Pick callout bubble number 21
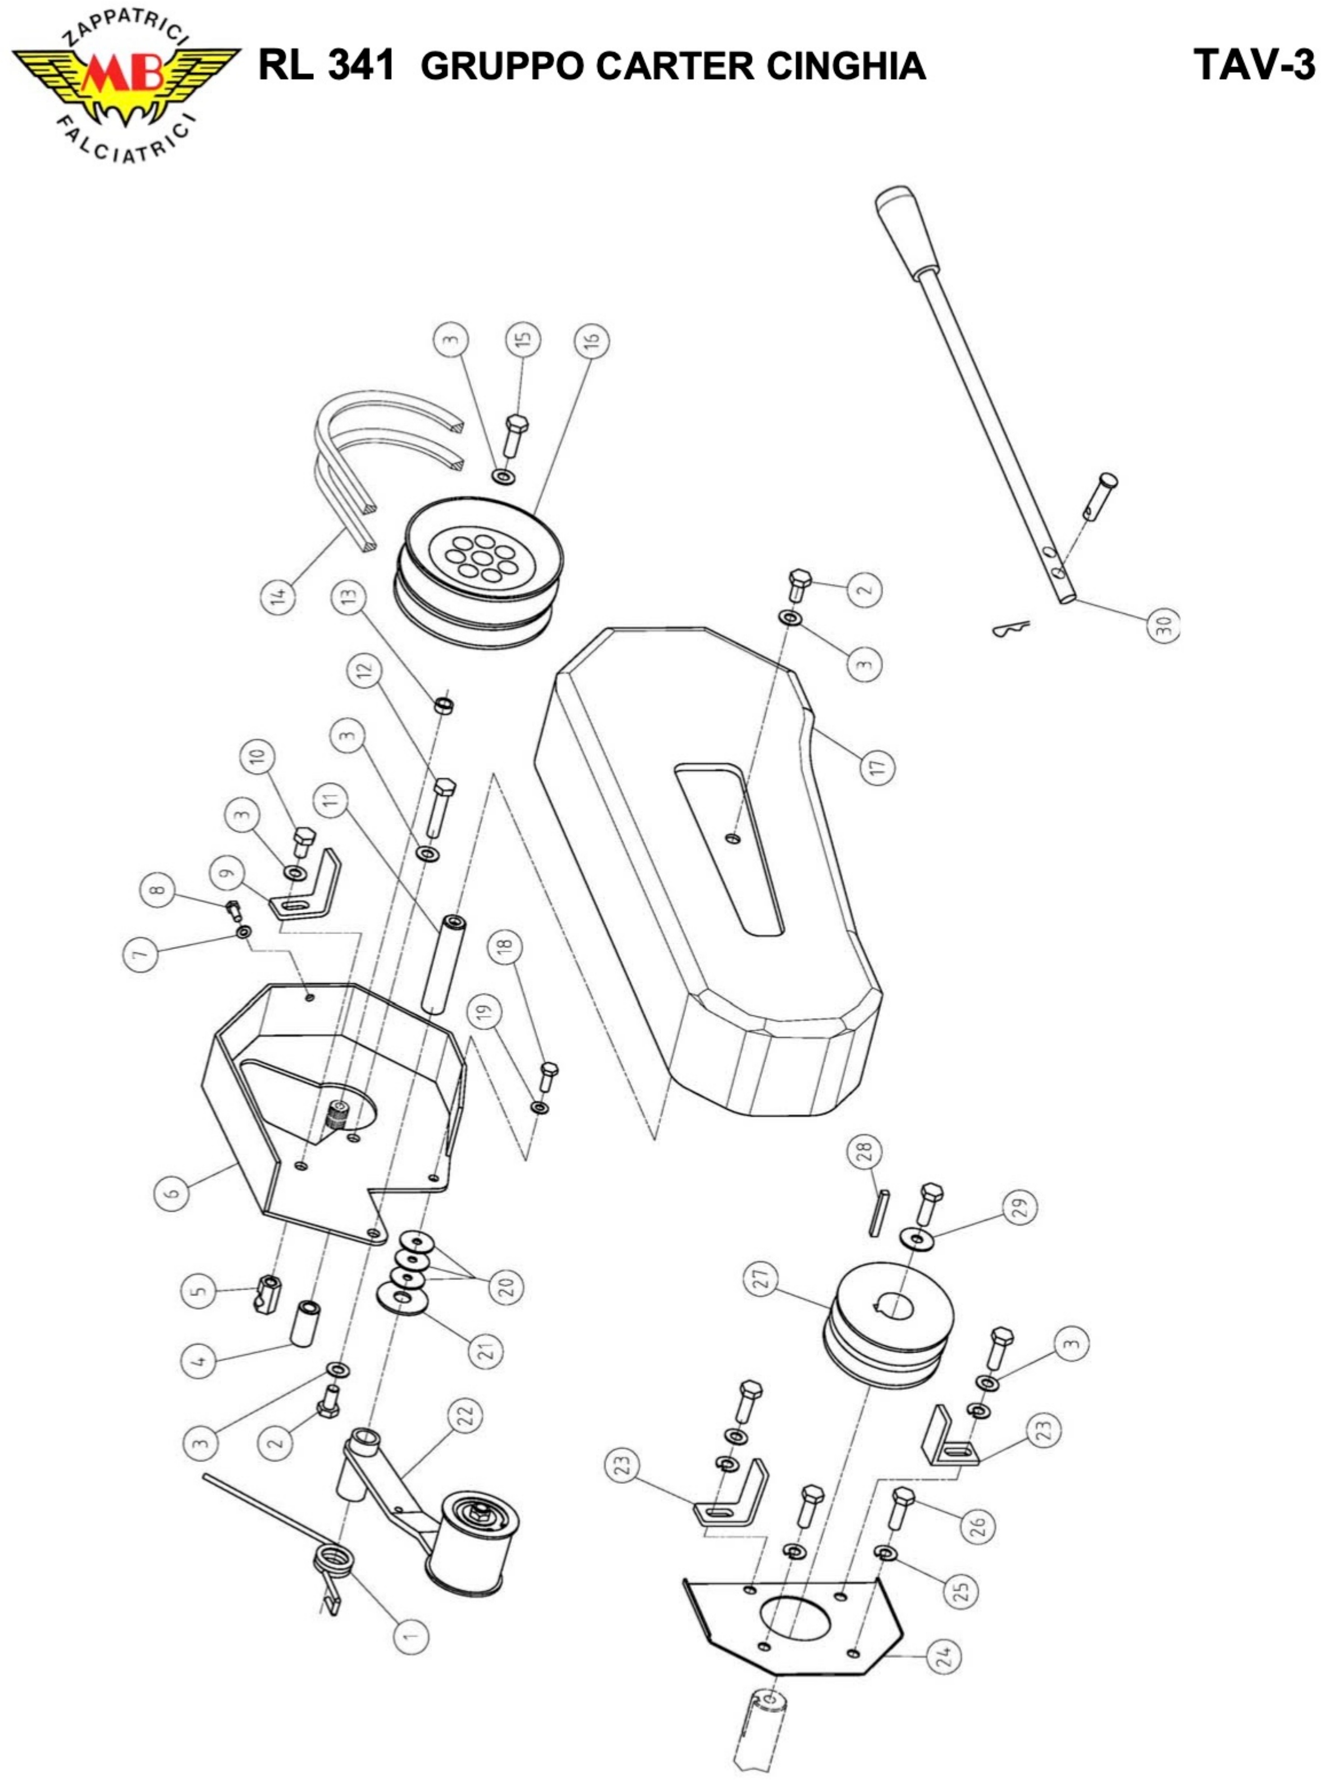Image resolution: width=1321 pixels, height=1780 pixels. click(x=486, y=1351)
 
